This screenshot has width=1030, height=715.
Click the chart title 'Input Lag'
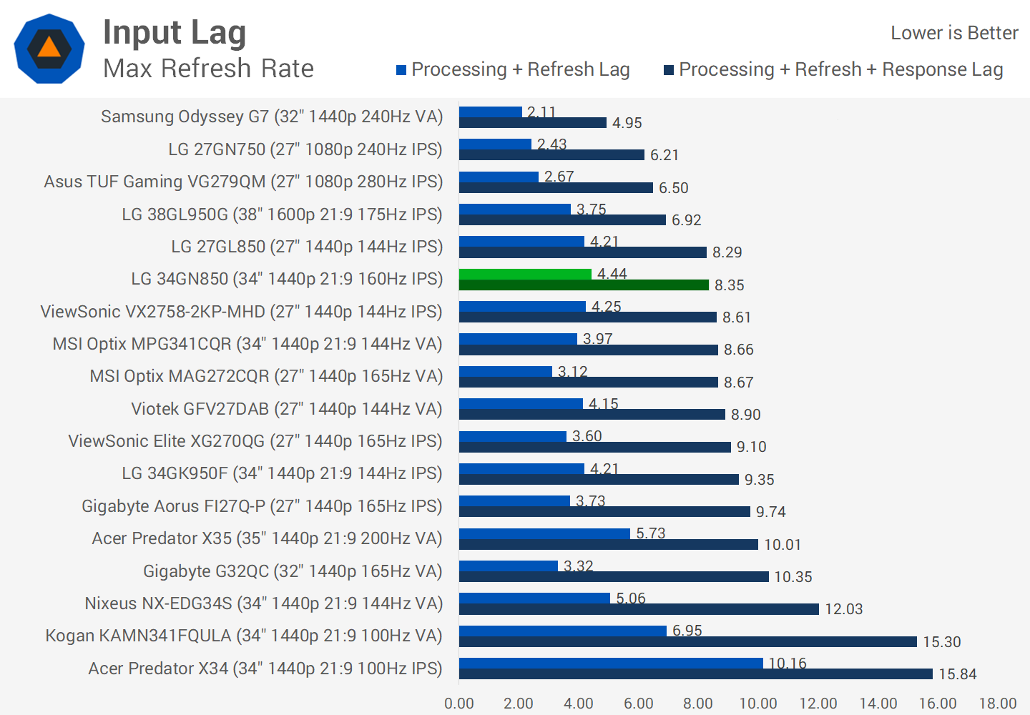(x=175, y=33)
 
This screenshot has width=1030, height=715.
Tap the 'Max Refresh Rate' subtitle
(x=208, y=69)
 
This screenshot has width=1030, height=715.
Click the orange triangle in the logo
(x=49, y=48)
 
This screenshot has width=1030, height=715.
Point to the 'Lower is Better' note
(x=953, y=33)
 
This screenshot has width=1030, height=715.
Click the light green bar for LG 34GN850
(x=525, y=274)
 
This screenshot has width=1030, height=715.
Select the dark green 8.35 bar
(x=584, y=285)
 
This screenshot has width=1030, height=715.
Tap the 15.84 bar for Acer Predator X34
(x=695, y=674)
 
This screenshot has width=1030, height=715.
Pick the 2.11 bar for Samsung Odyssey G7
(x=490, y=112)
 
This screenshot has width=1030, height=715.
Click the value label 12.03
(x=844, y=609)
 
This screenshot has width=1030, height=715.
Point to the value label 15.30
(x=941, y=641)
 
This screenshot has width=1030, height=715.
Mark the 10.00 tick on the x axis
(x=758, y=704)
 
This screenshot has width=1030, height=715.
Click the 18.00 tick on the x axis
(x=997, y=704)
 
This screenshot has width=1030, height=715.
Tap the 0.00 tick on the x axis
(x=459, y=704)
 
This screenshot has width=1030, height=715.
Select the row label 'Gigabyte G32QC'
(x=293, y=571)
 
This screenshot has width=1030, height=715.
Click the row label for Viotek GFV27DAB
(x=286, y=409)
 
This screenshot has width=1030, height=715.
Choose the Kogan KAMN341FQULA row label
(x=243, y=636)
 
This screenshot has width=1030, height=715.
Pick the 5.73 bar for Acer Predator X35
(x=544, y=533)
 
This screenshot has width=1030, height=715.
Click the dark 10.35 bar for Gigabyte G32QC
(x=614, y=576)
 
